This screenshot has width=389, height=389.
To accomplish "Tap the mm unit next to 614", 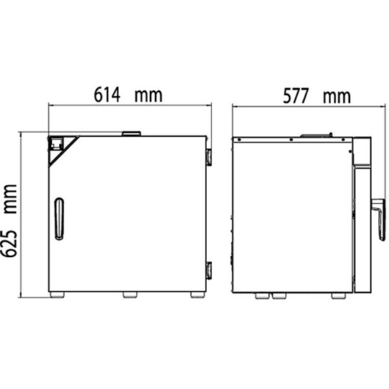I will click(x=147, y=94).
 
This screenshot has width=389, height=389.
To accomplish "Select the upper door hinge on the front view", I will click(x=208, y=156).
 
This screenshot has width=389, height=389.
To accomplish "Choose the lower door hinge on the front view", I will click(x=208, y=271).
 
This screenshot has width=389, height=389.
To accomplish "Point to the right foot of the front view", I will click(x=196, y=295).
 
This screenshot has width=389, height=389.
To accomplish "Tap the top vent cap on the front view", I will click(x=131, y=133).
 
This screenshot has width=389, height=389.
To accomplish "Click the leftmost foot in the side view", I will click(x=261, y=295).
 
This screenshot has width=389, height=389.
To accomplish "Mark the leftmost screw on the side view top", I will click(x=235, y=137).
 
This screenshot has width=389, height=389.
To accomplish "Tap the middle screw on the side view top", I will click(x=290, y=137).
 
